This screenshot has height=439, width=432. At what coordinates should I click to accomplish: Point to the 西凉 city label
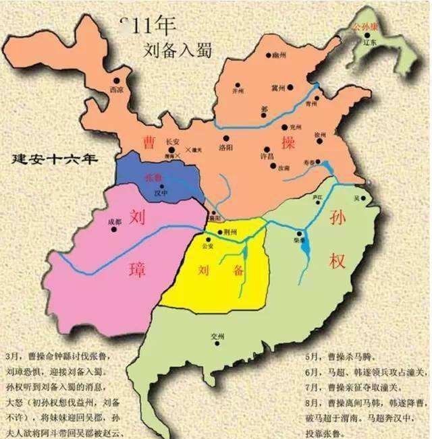pos(116,88)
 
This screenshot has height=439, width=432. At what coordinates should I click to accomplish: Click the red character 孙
pos(337,218)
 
